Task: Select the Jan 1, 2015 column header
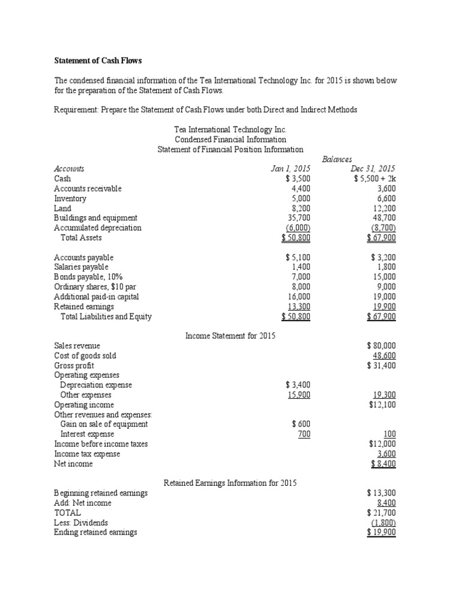point(291,169)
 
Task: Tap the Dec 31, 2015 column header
point(373,169)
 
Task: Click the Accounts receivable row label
point(88,189)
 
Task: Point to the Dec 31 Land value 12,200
point(382,208)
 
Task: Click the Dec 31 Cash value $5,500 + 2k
point(375,178)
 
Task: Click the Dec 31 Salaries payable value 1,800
point(384,267)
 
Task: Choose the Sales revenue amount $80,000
point(381,346)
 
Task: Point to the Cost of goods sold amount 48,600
point(384,356)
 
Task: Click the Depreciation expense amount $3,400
point(298,385)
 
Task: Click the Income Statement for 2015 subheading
point(230,336)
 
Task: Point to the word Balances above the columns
point(338,159)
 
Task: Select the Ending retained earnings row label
point(95,532)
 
